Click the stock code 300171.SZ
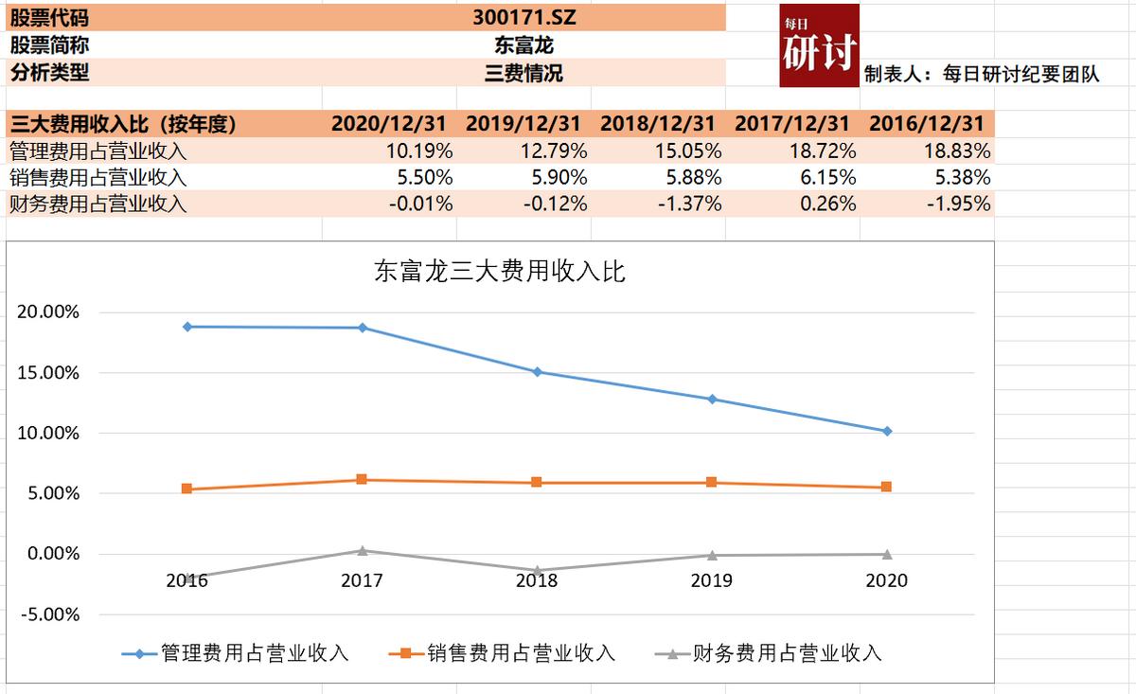tap(524, 16)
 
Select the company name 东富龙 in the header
tap(524, 44)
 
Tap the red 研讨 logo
tap(820, 45)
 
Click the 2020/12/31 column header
tap(388, 124)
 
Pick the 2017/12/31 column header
tap(791, 124)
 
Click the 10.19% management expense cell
tap(420, 151)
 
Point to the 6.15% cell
tap(827, 177)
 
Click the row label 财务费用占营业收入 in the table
tap(98, 204)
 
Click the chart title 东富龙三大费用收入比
tap(500, 273)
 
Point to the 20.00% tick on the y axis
tap(47, 312)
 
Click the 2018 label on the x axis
tap(537, 580)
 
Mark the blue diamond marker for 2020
tap(887, 431)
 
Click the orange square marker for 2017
tap(362, 480)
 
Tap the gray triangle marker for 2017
tap(362, 550)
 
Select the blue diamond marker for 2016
tap(187, 327)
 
